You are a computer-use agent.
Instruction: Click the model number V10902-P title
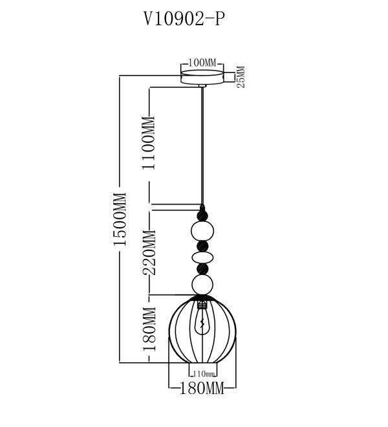pyautogui.click(x=184, y=19)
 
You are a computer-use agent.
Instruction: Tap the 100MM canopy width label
pyautogui.click(x=202, y=63)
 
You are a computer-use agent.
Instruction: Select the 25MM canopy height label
pyautogui.click(x=241, y=77)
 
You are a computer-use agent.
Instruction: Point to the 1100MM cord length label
pyautogui.click(x=148, y=143)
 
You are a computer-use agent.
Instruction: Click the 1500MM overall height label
pyautogui.click(x=120, y=219)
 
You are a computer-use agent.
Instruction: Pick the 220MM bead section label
pyautogui.click(x=149, y=252)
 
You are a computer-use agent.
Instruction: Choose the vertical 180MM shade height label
pyautogui.click(x=149, y=329)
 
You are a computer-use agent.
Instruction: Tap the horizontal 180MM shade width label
pyautogui.click(x=202, y=388)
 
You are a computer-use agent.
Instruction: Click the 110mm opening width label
pyautogui.click(x=204, y=374)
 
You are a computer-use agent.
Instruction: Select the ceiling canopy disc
pyautogui.click(x=202, y=77)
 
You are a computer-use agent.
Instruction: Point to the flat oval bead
pyautogui.click(x=202, y=257)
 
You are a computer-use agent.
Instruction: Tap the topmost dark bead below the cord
pyautogui.click(x=202, y=215)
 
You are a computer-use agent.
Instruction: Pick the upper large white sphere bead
pyautogui.click(x=202, y=232)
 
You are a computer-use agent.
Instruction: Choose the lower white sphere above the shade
pyautogui.click(x=202, y=285)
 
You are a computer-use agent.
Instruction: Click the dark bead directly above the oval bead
pyautogui.click(x=202, y=246)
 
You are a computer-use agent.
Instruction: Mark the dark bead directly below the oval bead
pyautogui.click(x=202, y=268)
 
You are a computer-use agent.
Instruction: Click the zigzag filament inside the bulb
pyautogui.click(x=202, y=323)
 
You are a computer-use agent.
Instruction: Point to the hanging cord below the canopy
pyautogui.click(x=202, y=146)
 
